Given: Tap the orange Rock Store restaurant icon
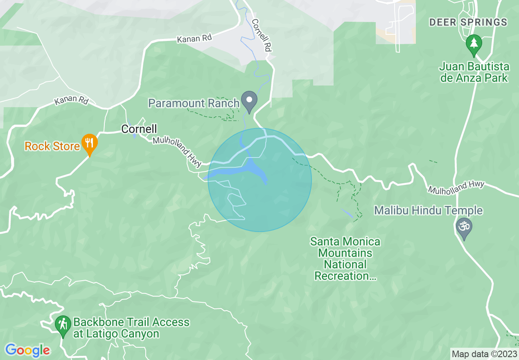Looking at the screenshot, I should [x=89, y=144].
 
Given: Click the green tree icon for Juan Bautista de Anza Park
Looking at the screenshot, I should [x=474, y=44].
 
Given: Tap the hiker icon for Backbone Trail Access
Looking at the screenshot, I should [x=63, y=325].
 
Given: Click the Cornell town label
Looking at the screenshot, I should [x=139, y=129].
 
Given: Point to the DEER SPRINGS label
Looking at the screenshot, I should [x=468, y=22].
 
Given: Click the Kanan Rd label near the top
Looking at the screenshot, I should [x=194, y=39].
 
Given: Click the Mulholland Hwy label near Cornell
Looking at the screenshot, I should [x=177, y=152].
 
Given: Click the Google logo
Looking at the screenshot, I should [x=27, y=350].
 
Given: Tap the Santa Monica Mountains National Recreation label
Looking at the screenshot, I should [x=345, y=259].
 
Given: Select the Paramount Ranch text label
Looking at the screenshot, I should [x=194, y=103].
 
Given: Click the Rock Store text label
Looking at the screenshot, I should [x=52, y=146].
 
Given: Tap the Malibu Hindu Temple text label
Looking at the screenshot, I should [x=429, y=211].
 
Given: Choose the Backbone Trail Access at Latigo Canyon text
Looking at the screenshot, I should [x=131, y=328].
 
